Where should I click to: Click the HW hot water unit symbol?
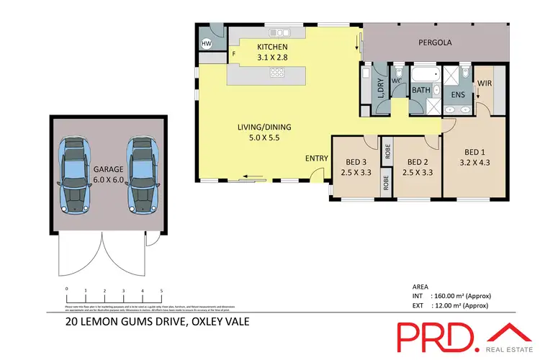(x=207, y=44)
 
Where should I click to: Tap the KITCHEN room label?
(x=272, y=48)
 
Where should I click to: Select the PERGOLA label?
(x=435, y=43)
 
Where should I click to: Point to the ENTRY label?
(x=316, y=158)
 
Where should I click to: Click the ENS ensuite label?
(x=458, y=94)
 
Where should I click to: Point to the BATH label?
(x=420, y=91)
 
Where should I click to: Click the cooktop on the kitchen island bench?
(x=277, y=72)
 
